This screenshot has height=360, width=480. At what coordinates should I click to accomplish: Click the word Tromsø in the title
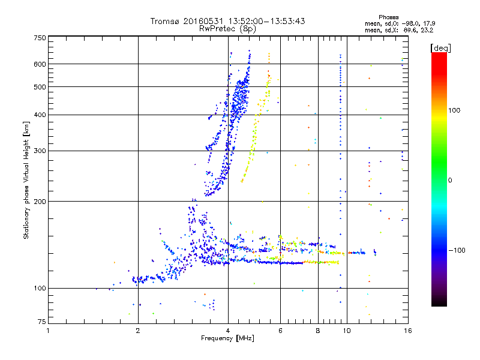coord(165,21)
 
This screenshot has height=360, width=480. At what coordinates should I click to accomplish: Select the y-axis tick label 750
coord(40,38)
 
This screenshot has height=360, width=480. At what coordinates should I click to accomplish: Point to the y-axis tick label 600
coord(40,64)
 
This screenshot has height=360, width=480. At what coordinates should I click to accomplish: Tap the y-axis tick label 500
coord(40,87)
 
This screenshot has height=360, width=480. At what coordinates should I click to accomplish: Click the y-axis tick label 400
coord(40,115)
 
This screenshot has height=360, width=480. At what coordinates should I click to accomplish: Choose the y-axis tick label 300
coord(40,151)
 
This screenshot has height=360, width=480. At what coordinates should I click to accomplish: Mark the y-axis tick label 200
coord(40,202)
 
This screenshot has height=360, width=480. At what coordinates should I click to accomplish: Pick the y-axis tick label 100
coord(40,289)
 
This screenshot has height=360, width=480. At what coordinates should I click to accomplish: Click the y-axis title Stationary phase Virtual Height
coord(26,180)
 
